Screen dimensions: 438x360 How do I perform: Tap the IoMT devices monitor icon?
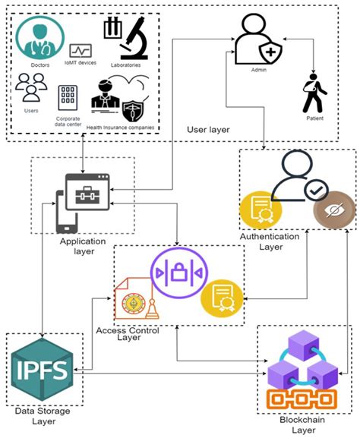click(80, 50)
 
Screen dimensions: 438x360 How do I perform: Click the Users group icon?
click(31, 87)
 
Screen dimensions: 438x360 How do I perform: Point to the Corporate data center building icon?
click(68, 97)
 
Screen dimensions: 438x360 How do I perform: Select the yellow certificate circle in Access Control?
click(221, 298)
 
